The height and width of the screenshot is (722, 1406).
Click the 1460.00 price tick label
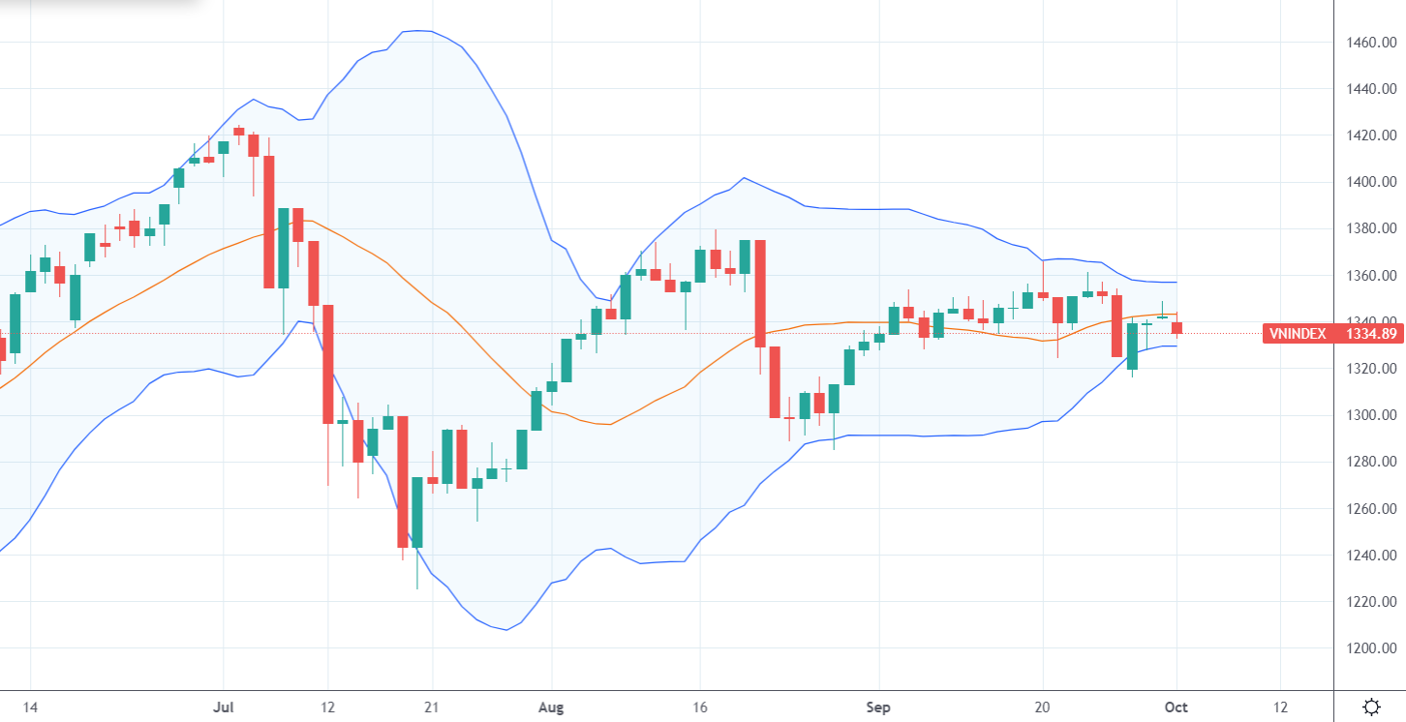[x=1369, y=43]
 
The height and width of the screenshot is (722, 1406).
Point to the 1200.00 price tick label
[x=1369, y=648]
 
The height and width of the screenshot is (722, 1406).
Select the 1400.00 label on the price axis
[x=1369, y=182]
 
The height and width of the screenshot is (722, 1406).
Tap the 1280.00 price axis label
[x=1369, y=462]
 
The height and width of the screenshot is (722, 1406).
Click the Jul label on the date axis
[x=223, y=707]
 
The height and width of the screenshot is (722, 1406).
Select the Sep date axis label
[x=878, y=707]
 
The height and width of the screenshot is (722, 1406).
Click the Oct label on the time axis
[x=1177, y=707]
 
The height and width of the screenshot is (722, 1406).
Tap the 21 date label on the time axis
[x=432, y=707]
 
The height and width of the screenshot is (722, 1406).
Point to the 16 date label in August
[x=699, y=707]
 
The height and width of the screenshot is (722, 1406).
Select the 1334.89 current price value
[x=1368, y=334]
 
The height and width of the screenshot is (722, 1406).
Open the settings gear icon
[x=1371, y=707]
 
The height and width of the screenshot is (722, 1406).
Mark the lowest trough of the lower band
[x=506, y=630]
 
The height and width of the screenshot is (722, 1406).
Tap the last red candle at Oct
[x=1177, y=328]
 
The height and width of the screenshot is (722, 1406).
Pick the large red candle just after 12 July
[x=328, y=364]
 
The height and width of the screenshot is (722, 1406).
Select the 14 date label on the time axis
[x=30, y=707]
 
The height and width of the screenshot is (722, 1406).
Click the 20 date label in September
[x=1043, y=707]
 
